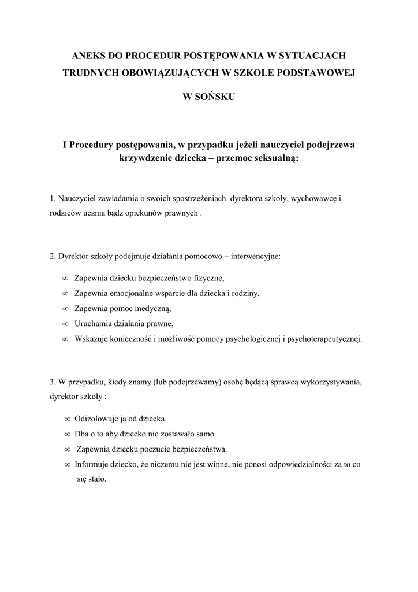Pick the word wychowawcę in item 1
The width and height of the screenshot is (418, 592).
314,199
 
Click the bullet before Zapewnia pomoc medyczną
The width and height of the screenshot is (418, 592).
65,308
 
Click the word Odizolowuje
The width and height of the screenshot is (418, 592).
99,418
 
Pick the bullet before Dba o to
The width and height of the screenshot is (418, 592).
68,434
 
